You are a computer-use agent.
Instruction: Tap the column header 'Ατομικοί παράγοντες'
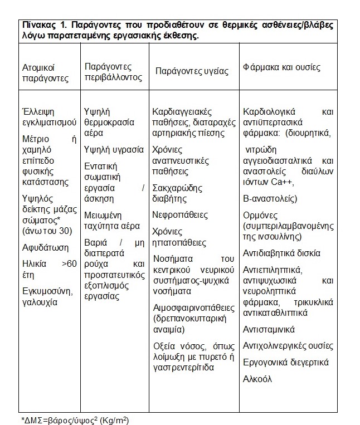coord(44,73)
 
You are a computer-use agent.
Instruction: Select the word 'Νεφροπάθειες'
coord(179,215)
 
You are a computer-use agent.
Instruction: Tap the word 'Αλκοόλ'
coord(257,379)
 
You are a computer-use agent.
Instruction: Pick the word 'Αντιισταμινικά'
coord(269,329)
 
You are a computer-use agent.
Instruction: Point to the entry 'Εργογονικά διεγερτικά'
coord(286,363)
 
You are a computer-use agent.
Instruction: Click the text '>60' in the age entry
coord(69,262)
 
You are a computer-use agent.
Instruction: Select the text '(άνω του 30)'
coord(45,229)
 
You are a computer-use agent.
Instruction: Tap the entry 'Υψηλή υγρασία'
coord(110,149)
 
